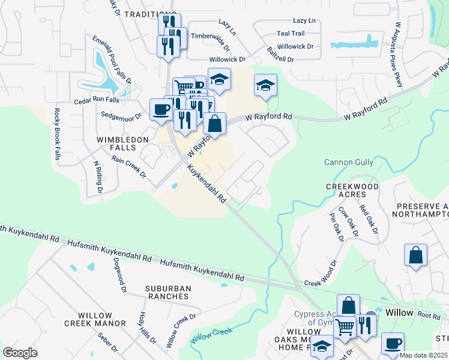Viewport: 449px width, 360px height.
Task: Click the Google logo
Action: [x=20, y=353]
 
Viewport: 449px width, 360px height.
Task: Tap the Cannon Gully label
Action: [x=349, y=162]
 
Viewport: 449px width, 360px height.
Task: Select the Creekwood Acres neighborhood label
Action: [x=352, y=191]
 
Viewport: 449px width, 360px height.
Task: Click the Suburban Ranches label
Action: [x=168, y=293]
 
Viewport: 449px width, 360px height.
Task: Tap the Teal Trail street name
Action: [x=291, y=34]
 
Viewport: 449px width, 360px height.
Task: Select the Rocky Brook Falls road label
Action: [x=57, y=134]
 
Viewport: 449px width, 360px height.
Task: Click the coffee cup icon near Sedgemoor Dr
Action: [x=161, y=110]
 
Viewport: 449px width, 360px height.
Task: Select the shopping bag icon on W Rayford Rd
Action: [x=214, y=124]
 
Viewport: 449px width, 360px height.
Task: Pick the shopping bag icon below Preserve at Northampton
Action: [x=415, y=255]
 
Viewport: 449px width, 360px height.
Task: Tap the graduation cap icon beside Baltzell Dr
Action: [x=265, y=85]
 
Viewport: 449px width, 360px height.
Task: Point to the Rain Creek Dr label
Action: [x=128, y=167]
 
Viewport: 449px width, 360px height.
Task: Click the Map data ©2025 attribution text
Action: [x=424, y=355]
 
